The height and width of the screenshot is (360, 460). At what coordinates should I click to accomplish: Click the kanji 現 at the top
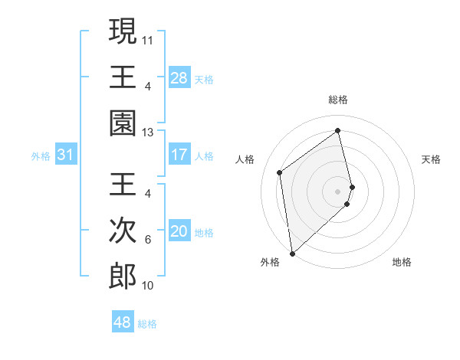(123, 32)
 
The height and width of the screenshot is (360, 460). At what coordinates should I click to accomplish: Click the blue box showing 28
(179, 78)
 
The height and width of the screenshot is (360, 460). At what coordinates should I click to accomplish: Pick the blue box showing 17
(179, 155)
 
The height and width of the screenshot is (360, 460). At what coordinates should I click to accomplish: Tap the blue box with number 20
(179, 231)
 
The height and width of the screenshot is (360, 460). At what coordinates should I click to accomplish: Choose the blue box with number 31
(66, 155)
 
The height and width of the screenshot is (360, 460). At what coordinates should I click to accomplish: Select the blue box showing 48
(122, 322)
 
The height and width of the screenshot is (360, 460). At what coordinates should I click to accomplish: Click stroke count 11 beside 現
(148, 38)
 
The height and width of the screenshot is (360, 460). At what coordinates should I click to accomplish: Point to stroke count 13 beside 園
(148, 132)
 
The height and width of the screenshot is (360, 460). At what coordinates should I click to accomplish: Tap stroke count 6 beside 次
(148, 239)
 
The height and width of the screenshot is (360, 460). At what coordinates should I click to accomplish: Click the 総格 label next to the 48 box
(147, 324)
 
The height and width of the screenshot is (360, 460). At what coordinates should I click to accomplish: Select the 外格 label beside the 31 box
(41, 156)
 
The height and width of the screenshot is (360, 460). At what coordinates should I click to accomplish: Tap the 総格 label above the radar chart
(338, 100)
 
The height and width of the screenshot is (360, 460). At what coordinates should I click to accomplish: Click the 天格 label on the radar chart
(432, 159)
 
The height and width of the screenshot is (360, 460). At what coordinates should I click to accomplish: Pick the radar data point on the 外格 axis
(292, 253)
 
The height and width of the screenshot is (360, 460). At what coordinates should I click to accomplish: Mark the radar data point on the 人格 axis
(280, 172)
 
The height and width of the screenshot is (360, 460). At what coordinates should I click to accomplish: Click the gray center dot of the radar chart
(338, 190)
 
